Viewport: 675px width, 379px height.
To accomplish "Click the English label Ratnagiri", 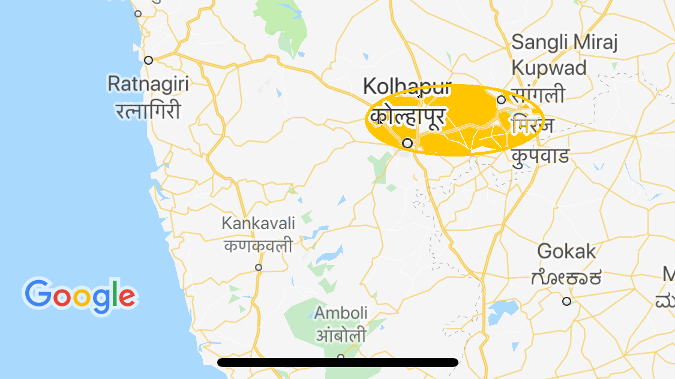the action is click(148, 83).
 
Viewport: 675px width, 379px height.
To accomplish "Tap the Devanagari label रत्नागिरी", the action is click(148, 110).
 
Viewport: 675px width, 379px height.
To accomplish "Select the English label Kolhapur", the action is click(406, 86).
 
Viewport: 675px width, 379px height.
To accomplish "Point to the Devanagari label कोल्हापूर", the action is click(407, 116).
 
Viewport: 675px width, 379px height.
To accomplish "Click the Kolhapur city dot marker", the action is click(407, 143).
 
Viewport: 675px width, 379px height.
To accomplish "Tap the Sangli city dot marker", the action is click(501, 100).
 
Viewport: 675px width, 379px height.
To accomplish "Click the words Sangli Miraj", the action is click(564, 43).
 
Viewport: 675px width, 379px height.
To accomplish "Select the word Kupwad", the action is click(549, 68).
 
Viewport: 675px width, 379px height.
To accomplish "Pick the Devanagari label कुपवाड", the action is click(540, 156).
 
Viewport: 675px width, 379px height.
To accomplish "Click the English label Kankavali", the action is click(259, 224).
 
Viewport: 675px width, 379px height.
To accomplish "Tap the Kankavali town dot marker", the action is click(259, 267).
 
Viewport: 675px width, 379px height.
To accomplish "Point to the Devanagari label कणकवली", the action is click(259, 246).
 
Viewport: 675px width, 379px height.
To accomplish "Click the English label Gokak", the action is click(567, 251).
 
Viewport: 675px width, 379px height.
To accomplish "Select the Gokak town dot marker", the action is click(566, 301).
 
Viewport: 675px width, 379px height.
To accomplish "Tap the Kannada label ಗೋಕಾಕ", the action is click(566, 278).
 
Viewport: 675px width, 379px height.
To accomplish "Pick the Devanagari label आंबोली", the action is click(341, 335).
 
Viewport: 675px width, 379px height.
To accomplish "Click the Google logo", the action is click(80, 296).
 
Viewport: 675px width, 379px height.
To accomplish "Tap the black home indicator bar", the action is click(338, 362).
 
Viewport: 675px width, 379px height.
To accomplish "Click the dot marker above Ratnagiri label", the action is click(148, 60).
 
